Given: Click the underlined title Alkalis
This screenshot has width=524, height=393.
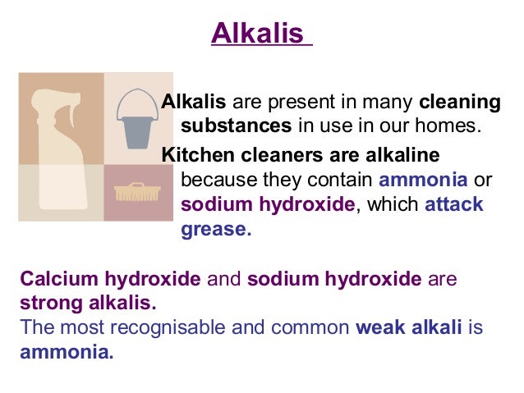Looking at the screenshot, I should pyautogui.click(x=260, y=35).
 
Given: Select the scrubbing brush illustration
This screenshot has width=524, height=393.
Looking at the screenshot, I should pyautogui.click(x=135, y=194).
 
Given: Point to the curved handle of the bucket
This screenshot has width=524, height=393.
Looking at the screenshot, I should pyautogui.click(x=136, y=98).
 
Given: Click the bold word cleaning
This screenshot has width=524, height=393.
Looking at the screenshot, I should pyautogui.click(x=459, y=104).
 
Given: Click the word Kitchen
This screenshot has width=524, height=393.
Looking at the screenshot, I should pyautogui.click(x=195, y=155).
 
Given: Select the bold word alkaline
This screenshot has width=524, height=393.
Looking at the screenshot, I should pyautogui.click(x=400, y=155).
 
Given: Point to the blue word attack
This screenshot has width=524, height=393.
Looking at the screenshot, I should pyautogui.click(x=454, y=205).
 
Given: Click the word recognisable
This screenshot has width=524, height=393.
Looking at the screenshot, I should pyautogui.click(x=165, y=329).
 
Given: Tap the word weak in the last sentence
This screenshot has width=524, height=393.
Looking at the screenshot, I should pyautogui.click(x=377, y=329).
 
